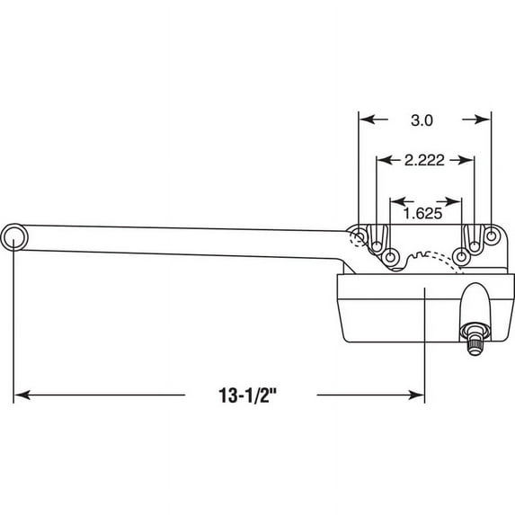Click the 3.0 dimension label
point(422,120)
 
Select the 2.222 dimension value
point(424,160)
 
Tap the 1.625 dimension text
point(422,214)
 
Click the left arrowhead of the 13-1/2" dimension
point(22,395)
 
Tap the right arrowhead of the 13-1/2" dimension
point(416,395)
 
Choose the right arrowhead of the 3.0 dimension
point(483,120)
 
